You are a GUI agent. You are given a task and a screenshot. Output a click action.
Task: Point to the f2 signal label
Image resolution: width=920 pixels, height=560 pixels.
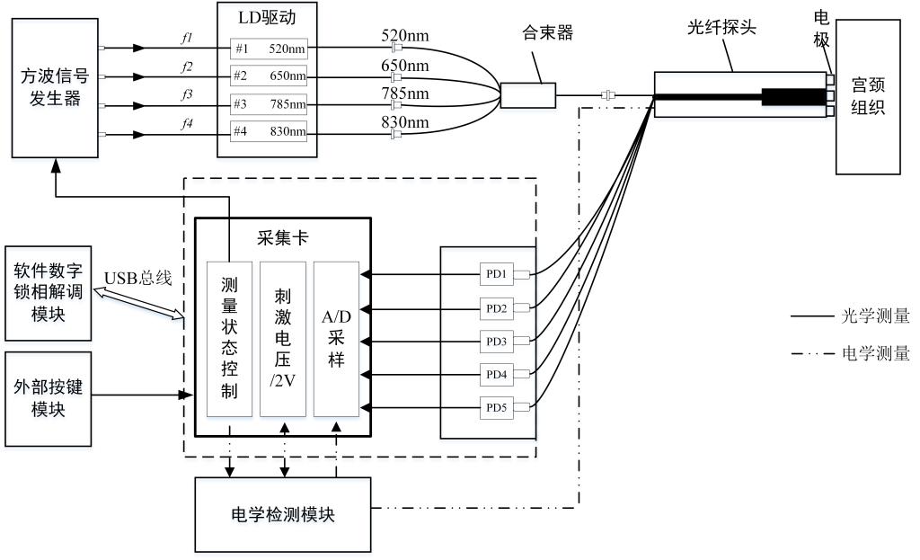pyautogui.click(x=187, y=67)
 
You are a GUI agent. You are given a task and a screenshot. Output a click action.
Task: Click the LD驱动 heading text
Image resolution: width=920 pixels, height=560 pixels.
pyautogui.click(x=267, y=15)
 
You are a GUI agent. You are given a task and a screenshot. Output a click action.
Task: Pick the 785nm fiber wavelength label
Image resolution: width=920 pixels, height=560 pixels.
pyautogui.click(x=405, y=93)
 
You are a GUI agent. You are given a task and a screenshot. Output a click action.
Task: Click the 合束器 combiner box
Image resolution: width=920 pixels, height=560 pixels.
pyautogui.click(x=528, y=95)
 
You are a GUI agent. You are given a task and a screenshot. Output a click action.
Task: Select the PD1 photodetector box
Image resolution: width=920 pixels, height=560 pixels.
pyautogui.click(x=497, y=274)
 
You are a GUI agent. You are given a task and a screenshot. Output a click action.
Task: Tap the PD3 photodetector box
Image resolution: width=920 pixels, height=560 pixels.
pyautogui.click(x=497, y=342)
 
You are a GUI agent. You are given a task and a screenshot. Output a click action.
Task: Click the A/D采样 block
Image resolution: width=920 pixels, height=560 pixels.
pyautogui.click(x=336, y=339)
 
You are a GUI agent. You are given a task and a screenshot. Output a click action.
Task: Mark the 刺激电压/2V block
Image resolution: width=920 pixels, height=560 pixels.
pyautogui.click(x=282, y=339)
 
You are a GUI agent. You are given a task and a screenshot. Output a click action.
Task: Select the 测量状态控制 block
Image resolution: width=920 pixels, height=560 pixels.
pyautogui.click(x=228, y=339)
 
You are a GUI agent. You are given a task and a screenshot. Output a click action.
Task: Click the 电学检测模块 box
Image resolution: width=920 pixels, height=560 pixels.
pyautogui.click(x=282, y=514)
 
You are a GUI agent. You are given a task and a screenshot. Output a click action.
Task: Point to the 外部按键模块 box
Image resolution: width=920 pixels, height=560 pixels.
pyautogui.click(x=48, y=396)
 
